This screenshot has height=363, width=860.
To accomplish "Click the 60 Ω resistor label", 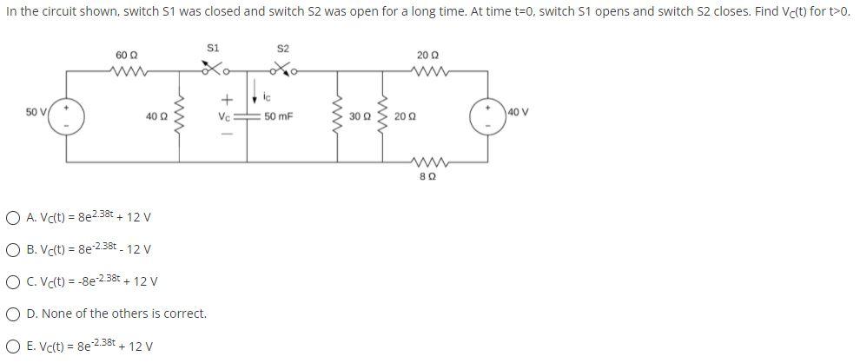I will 127,55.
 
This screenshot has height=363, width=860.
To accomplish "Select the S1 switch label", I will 214,46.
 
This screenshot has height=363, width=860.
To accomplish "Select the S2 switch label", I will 282,46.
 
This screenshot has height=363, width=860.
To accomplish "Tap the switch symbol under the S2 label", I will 281,68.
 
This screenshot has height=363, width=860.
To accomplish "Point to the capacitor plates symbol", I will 248,115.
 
